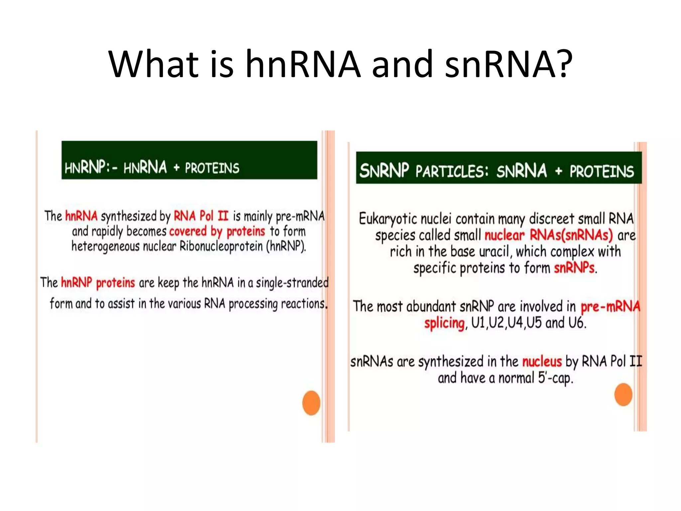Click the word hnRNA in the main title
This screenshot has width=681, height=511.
pyautogui.click(x=303, y=64)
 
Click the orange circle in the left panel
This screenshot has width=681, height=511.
pyautogui.click(x=311, y=403)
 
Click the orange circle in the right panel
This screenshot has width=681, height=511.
pyautogui.click(x=623, y=395)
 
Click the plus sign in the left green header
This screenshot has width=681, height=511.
pyautogui.click(x=176, y=168)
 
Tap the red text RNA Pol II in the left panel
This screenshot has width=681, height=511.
pyautogui.click(x=201, y=216)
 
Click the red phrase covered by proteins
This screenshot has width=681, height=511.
pyautogui.click(x=217, y=231)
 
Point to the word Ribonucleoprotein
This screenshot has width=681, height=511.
pyautogui.click(x=221, y=247)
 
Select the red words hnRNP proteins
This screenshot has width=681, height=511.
pyautogui.click(x=98, y=283)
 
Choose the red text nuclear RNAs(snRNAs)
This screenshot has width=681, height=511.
pyautogui.click(x=548, y=235)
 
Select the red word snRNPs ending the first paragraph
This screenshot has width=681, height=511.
pyautogui.click(x=574, y=268)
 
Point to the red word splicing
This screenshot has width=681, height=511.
pyautogui.click(x=444, y=323)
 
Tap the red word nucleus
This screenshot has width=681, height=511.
pyautogui.click(x=542, y=362)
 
